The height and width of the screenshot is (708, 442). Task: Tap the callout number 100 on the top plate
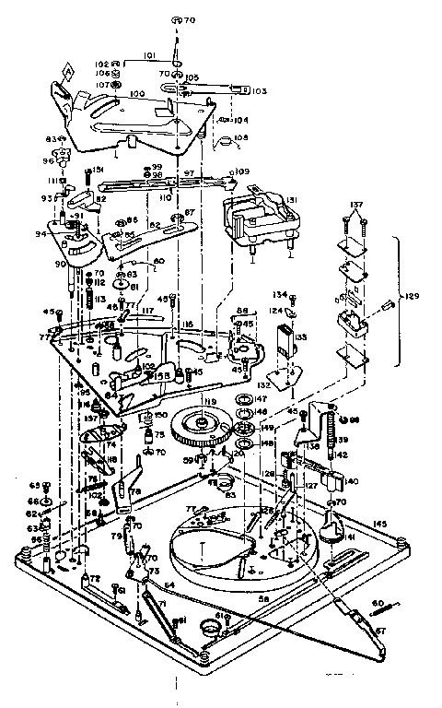tap(138, 94)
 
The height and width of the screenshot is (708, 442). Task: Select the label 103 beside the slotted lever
tap(258, 91)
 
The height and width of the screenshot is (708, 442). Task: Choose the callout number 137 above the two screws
tap(356, 204)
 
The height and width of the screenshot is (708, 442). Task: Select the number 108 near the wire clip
tap(240, 139)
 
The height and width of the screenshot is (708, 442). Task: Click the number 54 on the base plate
tap(169, 586)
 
